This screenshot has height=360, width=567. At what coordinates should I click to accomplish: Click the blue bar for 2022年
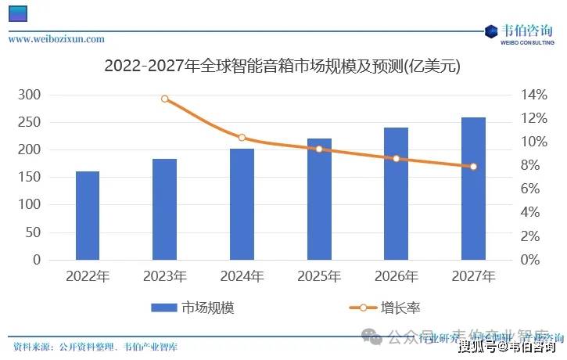pos(88,215)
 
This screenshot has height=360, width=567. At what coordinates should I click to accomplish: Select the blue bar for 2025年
pos(319,199)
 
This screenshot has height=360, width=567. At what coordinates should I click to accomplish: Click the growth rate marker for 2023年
pos(165,99)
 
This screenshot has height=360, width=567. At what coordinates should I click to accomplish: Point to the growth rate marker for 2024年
pos(242,138)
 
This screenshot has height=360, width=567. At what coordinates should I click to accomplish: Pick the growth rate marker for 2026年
pos(397,159)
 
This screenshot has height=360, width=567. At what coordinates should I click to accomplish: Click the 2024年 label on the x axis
pos(242,276)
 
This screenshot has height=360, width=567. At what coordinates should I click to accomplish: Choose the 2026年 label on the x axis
pos(397,276)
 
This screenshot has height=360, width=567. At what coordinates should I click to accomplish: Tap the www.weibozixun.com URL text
pos(56,38)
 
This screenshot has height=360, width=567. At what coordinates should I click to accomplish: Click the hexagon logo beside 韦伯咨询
pos(491,31)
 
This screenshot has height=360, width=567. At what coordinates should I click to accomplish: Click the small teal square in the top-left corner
pos(17,13)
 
